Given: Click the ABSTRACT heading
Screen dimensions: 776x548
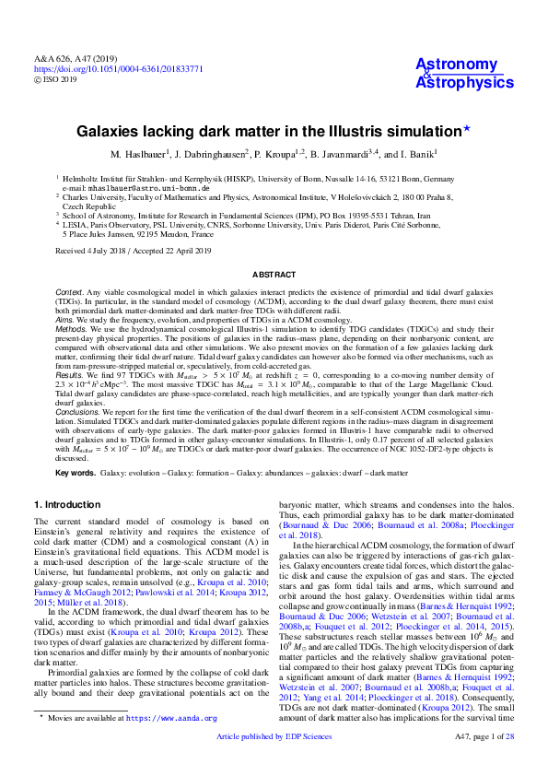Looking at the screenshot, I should (x=274, y=275).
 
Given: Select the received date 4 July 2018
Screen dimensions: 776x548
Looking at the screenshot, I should (x=101, y=250).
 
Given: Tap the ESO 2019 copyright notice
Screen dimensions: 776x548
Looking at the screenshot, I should (x=60, y=80).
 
